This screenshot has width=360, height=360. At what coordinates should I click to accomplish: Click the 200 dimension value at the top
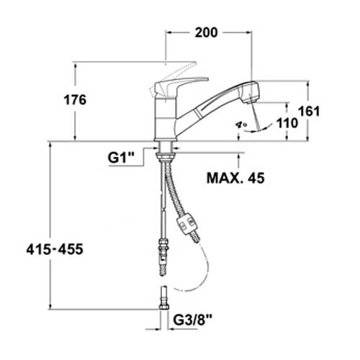click(x=206, y=32)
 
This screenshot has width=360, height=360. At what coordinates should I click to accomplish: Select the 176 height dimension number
click(x=75, y=100)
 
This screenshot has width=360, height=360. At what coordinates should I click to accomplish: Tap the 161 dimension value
click(x=309, y=112)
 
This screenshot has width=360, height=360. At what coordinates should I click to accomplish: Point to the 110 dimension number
click(x=287, y=123)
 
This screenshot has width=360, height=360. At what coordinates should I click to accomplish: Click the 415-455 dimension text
click(x=55, y=249)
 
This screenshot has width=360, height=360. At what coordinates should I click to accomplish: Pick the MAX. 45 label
click(x=235, y=178)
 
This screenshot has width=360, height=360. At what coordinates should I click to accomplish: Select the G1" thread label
click(x=121, y=158)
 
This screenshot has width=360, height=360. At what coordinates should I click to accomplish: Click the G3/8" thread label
click(x=193, y=320)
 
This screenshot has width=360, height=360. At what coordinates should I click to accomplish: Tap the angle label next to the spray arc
click(x=241, y=125)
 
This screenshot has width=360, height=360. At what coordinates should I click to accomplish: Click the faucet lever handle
click(x=180, y=85)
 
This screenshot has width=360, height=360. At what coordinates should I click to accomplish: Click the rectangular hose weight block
click(x=187, y=225)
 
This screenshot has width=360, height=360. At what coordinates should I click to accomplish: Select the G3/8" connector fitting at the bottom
click(x=164, y=298)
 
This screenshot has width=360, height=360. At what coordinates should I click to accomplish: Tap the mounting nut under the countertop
click(x=165, y=156)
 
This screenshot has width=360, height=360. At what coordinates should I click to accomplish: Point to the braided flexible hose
click(x=174, y=189)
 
